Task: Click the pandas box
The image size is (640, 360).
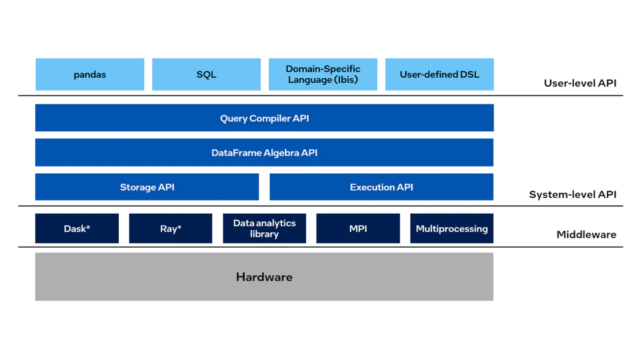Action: pos(90,74)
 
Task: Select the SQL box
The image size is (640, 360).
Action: pos(207,74)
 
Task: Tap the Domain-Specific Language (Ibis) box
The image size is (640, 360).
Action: pos(323,74)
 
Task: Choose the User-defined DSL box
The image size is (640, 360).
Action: pos(439,74)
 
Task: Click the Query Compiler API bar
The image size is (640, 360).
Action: pos(264,118)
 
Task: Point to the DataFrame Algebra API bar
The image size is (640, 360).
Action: pos(264,152)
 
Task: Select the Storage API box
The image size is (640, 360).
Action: pos(147,187)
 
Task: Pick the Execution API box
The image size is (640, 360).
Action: pos(381,187)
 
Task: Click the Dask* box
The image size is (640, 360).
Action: pos(77,229)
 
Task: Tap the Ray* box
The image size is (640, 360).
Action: pos(171,229)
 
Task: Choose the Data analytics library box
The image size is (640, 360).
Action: pos(264,229)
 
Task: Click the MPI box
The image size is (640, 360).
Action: pos(358,229)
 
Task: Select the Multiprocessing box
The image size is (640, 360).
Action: pos(452,229)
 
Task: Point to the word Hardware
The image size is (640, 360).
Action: pos(264,277)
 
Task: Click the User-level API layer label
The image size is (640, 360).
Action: pos(580,83)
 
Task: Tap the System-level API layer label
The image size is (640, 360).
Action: pos(573,195)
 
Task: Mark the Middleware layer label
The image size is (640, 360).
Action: pos(586,235)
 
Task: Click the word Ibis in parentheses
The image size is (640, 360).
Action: pos(346,80)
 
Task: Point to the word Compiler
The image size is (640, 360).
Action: pos(270,119)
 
